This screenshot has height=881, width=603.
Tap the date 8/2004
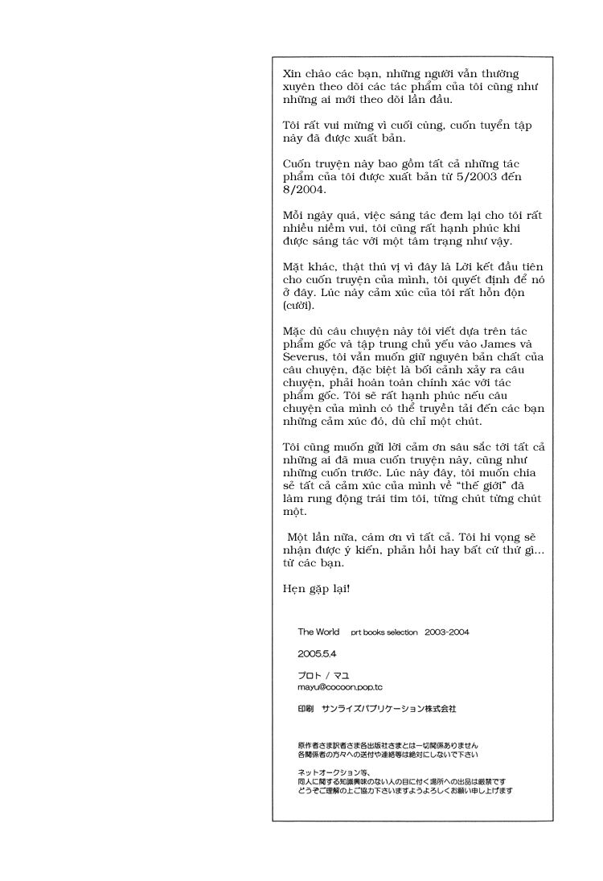[x=303, y=191]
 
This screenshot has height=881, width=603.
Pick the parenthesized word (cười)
[x=299, y=306]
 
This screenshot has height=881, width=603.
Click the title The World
[x=318, y=632]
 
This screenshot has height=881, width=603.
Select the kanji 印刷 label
[x=305, y=709]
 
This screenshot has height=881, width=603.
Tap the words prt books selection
[x=384, y=632]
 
